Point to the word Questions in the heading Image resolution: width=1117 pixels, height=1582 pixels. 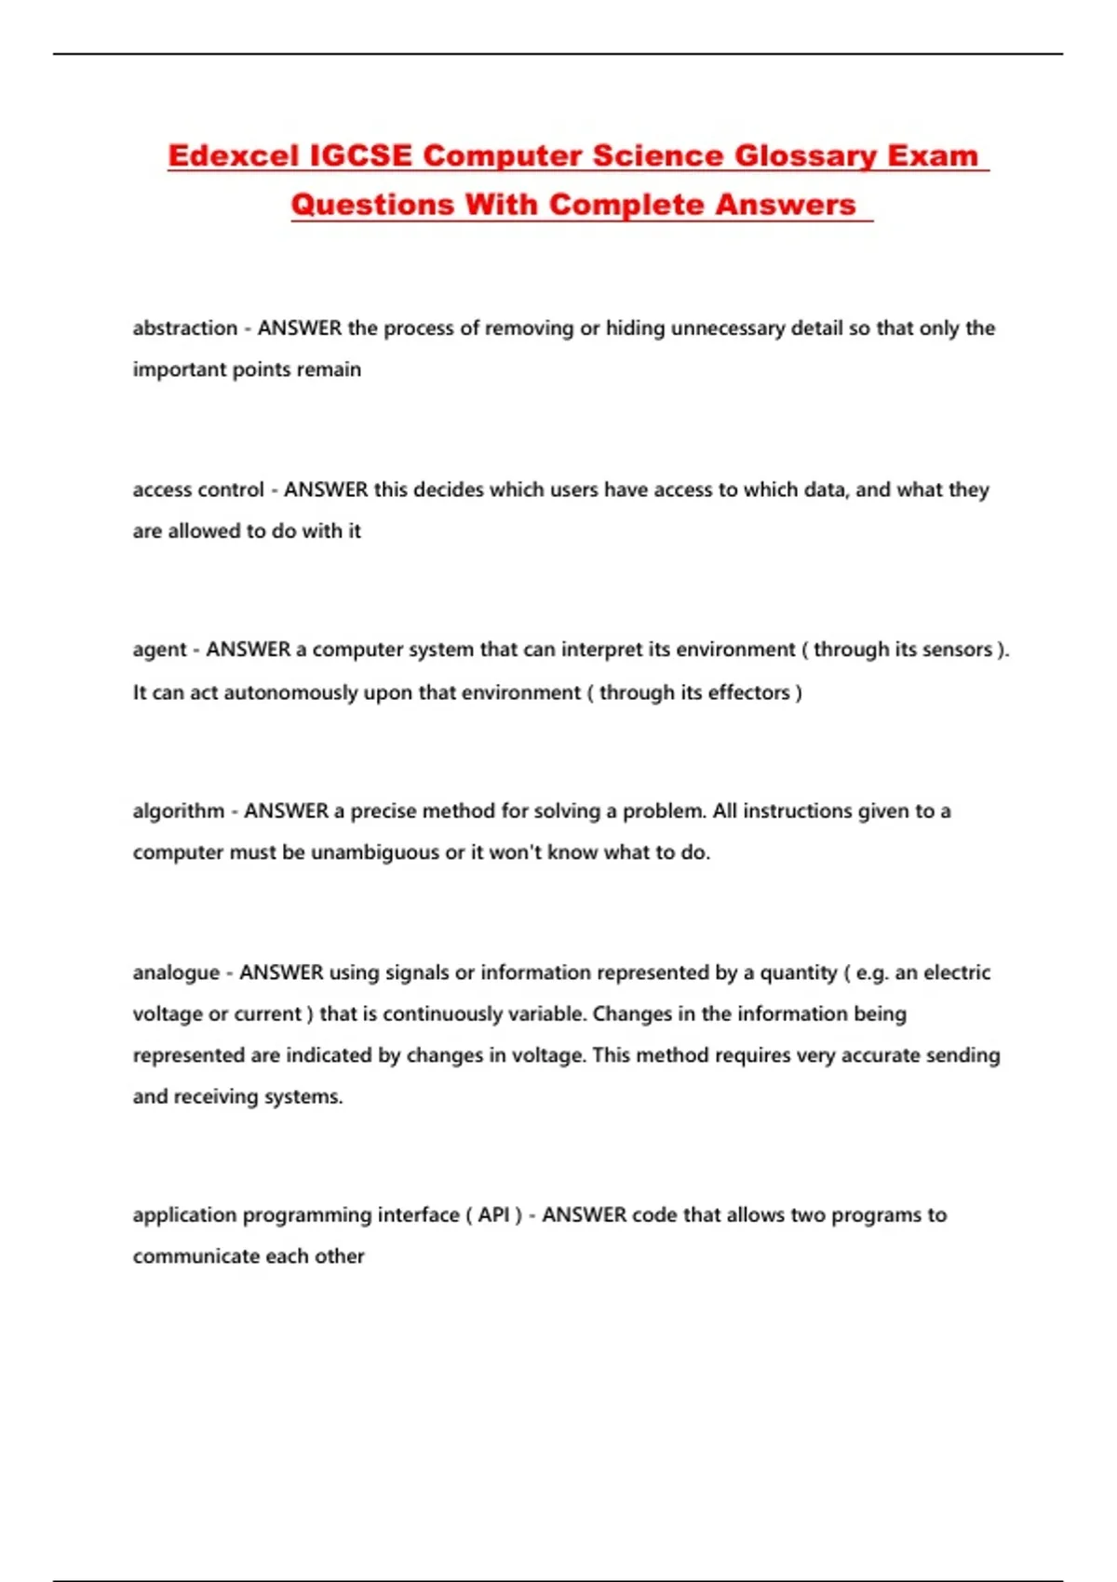pyautogui.click(x=372, y=205)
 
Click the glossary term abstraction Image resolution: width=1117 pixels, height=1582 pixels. pyautogui.click(x=185, y=328)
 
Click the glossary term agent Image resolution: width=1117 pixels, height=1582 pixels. pyautogui.click(x=160, y=650)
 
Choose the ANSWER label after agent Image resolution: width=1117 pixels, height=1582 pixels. pyautogui.click(x=249, y=650)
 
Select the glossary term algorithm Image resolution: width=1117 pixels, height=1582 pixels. pyautogui.click(x=179, y=811)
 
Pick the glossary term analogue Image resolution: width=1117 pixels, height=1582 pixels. pyautogui.click(x=176, y=973)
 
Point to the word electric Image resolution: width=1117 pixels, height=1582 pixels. pyautogui.click(x=956, y=973)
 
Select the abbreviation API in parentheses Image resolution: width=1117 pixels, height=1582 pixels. pyautogui.click(x=493, y=1215)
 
